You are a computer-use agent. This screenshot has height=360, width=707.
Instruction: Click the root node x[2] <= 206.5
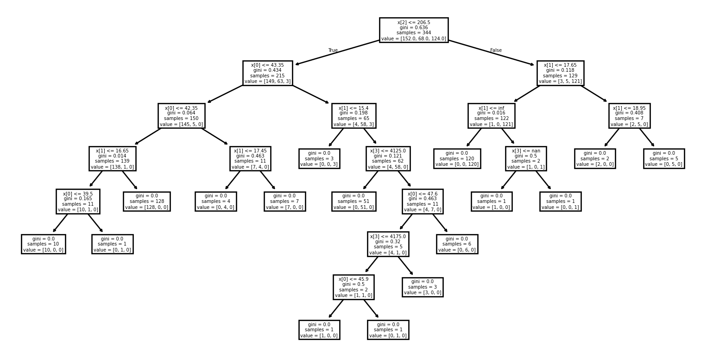tap(413, 30)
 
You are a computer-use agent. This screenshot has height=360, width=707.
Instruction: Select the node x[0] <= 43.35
tap(267, 73)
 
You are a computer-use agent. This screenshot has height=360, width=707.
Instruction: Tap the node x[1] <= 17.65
tap(560, 73)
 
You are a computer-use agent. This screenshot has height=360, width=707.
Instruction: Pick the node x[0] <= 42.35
tap(181, 115)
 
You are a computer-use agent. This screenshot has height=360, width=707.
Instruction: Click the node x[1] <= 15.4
tap(353, 115)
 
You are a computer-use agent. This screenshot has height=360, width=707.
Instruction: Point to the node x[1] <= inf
tap(491, 115)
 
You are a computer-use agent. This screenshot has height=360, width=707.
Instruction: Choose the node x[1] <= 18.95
tap(629, 115)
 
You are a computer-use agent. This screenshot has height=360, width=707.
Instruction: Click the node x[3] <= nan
tap(526, 158)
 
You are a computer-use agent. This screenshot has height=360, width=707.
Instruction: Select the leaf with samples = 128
tap(146, 201)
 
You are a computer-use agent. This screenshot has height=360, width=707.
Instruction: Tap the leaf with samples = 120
tap(457, 158)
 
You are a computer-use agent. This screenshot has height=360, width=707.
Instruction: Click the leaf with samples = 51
tap(353, 201)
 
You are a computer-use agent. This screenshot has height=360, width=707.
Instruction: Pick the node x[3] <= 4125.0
tap(388, 158)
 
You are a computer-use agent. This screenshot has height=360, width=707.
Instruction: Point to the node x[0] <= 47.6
tap(423, 201)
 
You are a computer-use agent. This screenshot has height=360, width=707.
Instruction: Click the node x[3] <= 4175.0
tap(388, 244)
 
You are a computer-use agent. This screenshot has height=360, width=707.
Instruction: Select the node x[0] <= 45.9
tap(353, 287)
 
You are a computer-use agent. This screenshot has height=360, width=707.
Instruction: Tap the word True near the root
tap(333, 51)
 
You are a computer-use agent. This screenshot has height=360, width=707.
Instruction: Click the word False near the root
tap(496, 51)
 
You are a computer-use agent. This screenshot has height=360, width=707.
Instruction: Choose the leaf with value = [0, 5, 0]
tap(663, 158)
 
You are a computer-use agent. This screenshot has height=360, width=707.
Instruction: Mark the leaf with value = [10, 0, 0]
tap(43, 244)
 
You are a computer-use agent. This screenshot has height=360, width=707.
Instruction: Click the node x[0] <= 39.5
tap(78, 201)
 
